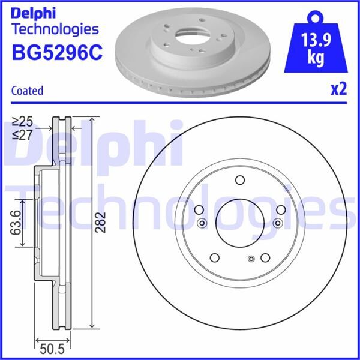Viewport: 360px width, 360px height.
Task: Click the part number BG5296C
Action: point(57,53)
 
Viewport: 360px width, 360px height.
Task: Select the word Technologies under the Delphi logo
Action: point(55,28)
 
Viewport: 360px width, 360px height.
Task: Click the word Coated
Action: point(27,91)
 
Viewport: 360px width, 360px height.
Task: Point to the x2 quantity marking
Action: point(338,90)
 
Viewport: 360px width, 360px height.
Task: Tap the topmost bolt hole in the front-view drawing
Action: point(240,180)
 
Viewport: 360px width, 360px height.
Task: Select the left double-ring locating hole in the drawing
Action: point(202,223)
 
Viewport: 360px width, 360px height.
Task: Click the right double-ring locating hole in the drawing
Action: point(277,223)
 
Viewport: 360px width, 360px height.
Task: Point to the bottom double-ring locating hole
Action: point(251,259)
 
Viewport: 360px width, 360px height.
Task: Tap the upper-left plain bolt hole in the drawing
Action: point(199,210)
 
